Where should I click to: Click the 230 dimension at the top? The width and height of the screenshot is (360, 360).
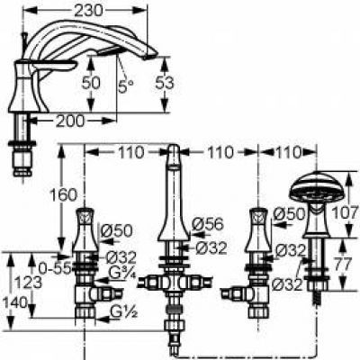[88, 11]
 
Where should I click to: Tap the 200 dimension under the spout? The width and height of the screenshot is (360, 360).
[70, 121]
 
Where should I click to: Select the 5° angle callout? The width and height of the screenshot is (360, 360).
[126, 86]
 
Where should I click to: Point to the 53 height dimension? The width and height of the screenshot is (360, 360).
[165, 83]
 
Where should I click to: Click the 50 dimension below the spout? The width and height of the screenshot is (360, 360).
[91, 83]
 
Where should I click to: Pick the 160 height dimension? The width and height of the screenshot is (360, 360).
[63, 195]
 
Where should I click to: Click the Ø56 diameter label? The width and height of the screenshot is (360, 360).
[208, 224]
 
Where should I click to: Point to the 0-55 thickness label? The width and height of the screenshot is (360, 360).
[55, 268]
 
